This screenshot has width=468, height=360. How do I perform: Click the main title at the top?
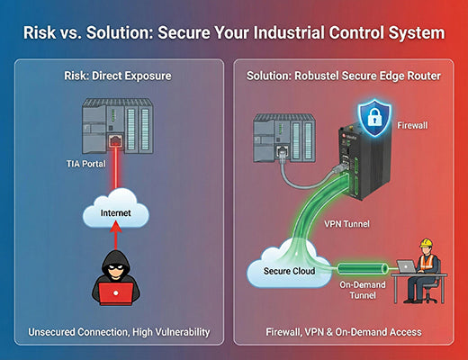[234, 33]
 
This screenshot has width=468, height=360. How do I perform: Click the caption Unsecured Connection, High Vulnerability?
[118, 332]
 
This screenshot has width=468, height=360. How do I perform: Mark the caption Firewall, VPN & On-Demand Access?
[349, 332]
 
